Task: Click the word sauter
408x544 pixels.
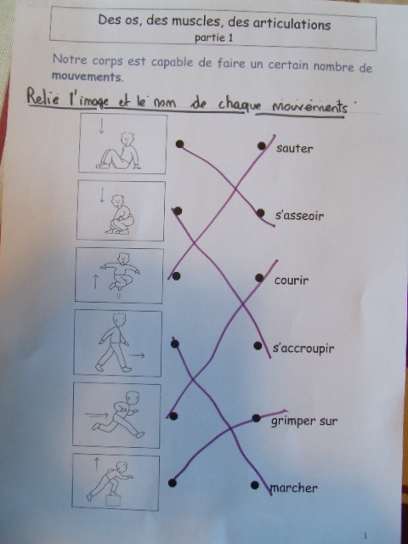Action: (295, 149)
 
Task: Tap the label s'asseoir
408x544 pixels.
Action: (299, 216)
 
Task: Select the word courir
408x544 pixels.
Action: (291, 280)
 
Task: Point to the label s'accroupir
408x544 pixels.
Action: (303, 348)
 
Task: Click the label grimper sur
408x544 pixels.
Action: (304, 422)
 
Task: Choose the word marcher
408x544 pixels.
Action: (294, 488)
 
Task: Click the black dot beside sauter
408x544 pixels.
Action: (262, 145)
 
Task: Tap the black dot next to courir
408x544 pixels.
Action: (259, 278)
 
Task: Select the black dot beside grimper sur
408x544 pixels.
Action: (257, 418)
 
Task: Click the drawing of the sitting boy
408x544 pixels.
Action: (119, 151)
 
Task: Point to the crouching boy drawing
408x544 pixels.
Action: (119, 214)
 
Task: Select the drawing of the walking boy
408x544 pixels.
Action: (114, 343)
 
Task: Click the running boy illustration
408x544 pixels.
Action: (119, 414)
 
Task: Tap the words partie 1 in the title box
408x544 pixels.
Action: (213, 37)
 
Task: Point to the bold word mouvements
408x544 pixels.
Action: (87, 76)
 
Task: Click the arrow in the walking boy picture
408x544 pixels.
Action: (137, 355)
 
